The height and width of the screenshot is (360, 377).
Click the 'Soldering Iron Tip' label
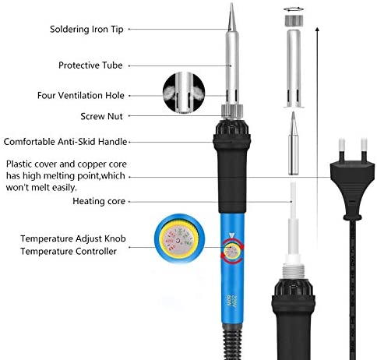pos(86,29)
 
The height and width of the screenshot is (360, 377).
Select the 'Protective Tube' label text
pos(90,65)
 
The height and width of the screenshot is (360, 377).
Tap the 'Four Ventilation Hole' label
pos(81,95)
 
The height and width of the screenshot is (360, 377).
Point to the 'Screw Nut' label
pos(101,116)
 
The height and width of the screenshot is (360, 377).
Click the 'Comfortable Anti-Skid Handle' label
pos(65,142)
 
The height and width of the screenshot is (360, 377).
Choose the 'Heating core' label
pos(99,201)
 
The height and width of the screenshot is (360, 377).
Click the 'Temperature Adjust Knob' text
pos(73,238)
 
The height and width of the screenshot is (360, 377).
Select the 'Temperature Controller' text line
pos(69,251)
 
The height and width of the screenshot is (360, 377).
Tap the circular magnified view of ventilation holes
pos(184,93)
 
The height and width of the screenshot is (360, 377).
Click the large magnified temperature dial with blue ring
pos(179,238)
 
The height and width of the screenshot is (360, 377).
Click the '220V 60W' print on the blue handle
pos(231,301)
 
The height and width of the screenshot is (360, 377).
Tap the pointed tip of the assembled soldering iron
pos(231,4)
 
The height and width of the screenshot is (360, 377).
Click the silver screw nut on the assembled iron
pos(232,111)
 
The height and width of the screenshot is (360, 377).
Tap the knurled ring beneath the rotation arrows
pos(294,21)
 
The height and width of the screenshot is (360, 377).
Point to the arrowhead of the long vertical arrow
pos(317,29)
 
